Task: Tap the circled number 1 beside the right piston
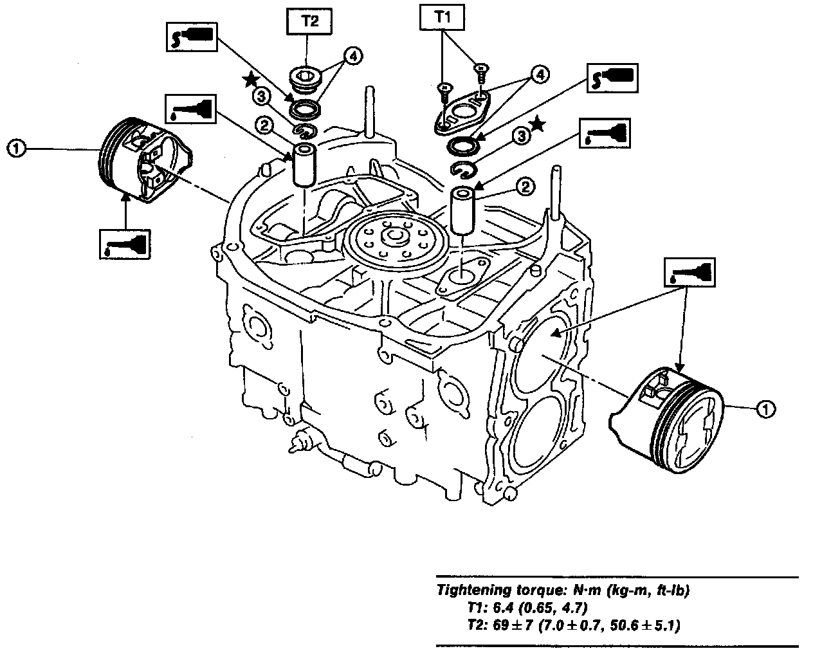765,408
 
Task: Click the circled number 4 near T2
352,57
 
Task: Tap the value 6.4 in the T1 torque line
495,607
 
